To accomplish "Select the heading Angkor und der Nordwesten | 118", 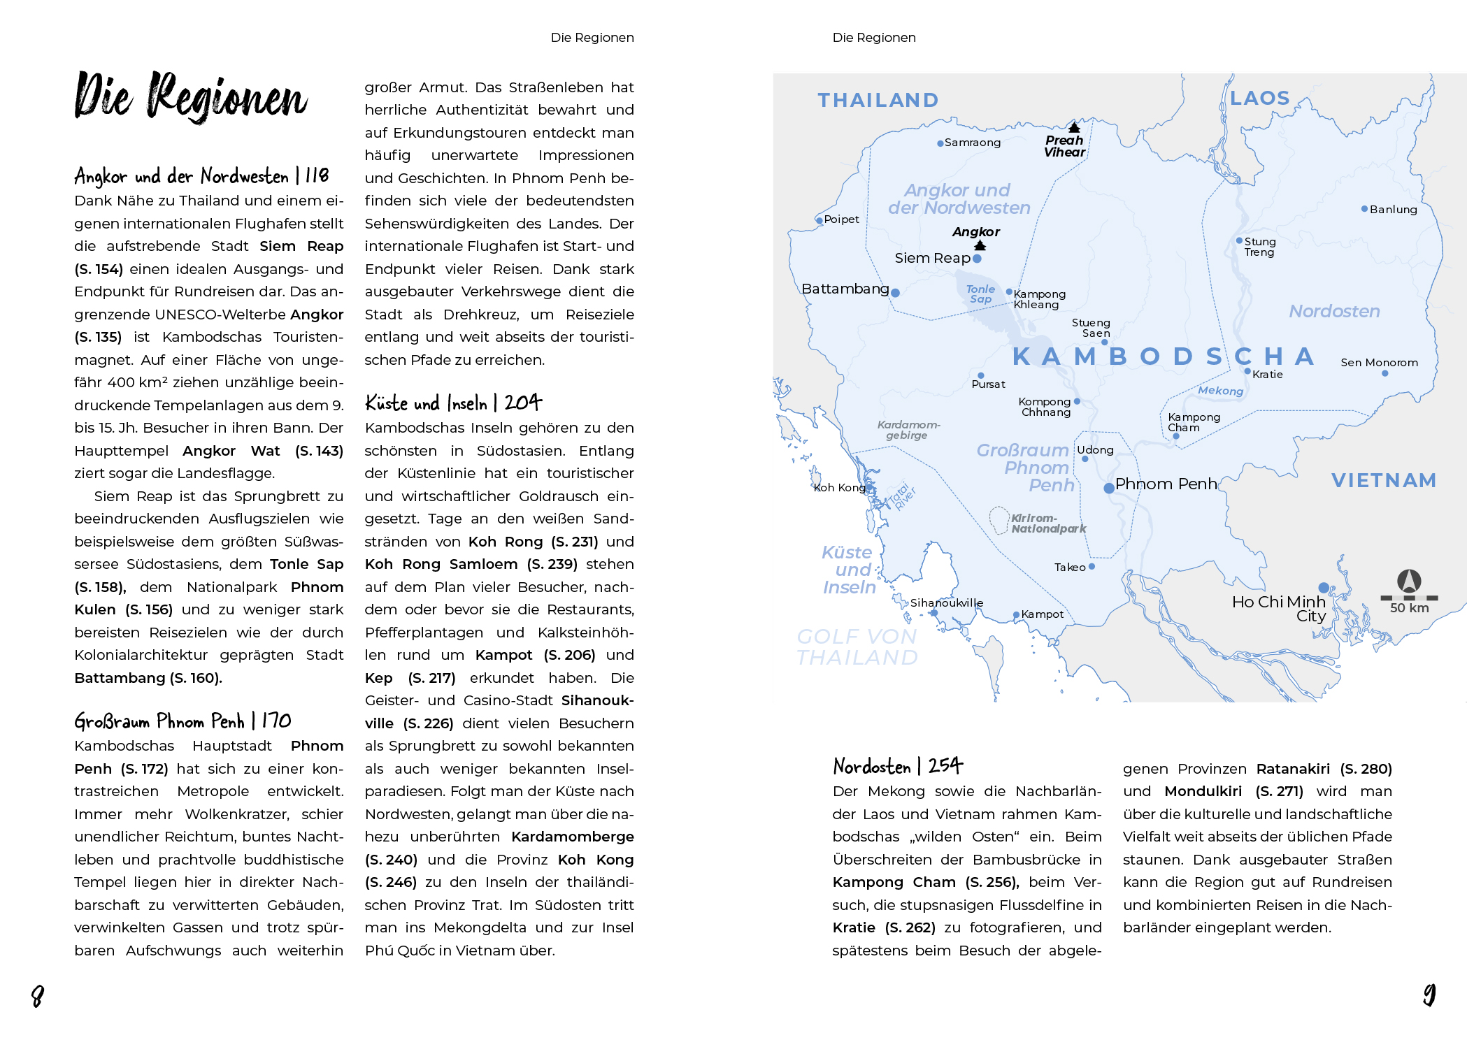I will (201, 175).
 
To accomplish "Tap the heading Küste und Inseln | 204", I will (453, 403).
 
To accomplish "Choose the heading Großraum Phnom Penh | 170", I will (183, 721).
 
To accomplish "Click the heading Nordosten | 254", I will (898, 766).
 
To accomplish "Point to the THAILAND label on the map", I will (878, 101).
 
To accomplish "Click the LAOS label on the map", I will (1259, 99).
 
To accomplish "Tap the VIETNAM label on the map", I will (1383, 480).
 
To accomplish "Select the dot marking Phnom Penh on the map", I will (1109, 489).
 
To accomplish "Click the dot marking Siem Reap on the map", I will (977, 259).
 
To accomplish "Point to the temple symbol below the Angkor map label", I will (980, 245).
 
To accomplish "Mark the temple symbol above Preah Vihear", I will (1074, 127).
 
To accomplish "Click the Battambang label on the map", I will (845, 289).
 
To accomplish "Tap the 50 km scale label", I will (1409, 608).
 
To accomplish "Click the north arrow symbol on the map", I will (1409, 581).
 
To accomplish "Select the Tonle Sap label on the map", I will (980, 294).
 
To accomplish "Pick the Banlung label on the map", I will (1393, 210).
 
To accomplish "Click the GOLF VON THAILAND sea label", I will (857, 647).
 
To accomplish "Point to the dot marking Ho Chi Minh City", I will (1324, 588).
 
